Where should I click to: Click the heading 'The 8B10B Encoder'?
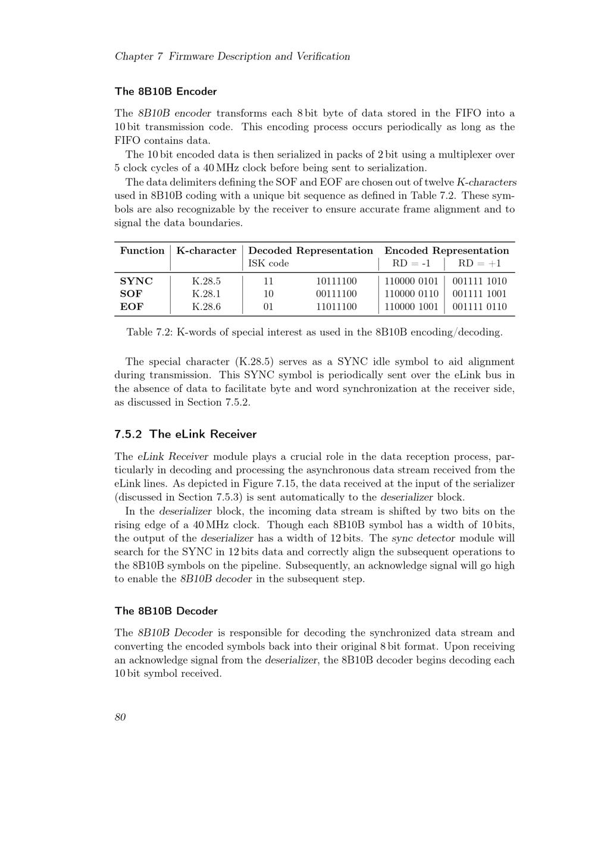pyautogui.click(x=165, y=92)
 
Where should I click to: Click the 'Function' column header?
pyautogui.click(x=142, y=250)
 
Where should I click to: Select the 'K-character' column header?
pyautogui.click(x=206, y=250)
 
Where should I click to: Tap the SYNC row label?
pyautogui.click(x=136, y=281)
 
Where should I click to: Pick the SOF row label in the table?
pyautogui.click(x=131, y=294)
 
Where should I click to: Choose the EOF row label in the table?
pyautogui.click(x=131, y=307)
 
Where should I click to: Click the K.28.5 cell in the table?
pyautogui.click(x=206, y=281)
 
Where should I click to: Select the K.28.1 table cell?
pyautogui.click(x=206, y=294)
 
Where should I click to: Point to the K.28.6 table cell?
pyautogui.click(x=206, y=307)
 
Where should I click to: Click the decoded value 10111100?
pyautogui.click(x=336, y=281)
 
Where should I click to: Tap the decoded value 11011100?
pyautogui.click(x=336, y=307)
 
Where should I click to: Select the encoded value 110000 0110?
pyautogui.click(x=411, y=294)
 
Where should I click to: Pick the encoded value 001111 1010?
pyautogui.click(x=480, y=281)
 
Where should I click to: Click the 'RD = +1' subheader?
pyautogui.click(x=480, y=263)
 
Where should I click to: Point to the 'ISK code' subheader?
pyautogui.click(x=268, y=263)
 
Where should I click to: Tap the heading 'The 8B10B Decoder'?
pyautogui.click(x=166, y=611)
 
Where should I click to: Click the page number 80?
pyautogui.click(x=120, y=717)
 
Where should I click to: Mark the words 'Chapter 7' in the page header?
pyautogui.click(x=139, y=57)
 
